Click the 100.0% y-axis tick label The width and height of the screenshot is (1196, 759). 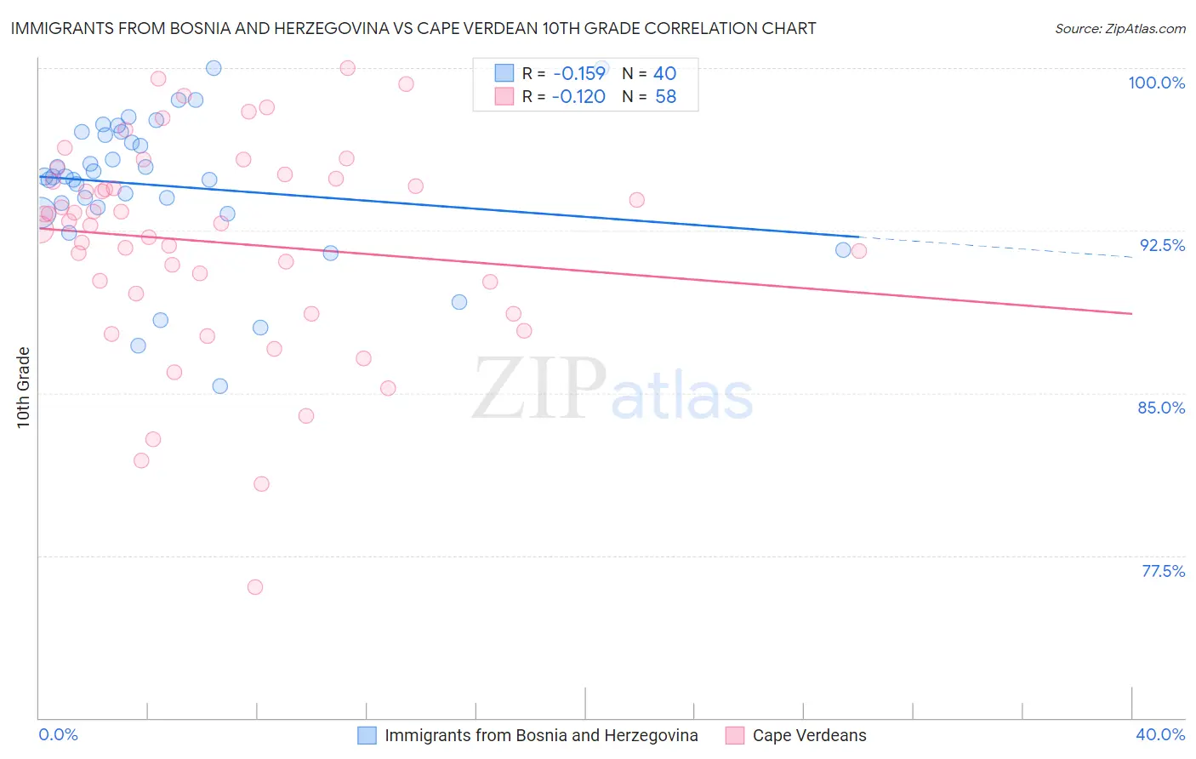coord(1156,83)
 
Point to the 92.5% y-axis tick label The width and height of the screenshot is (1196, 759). coord(1162,245)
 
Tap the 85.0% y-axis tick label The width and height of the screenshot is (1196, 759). coord(1161,408)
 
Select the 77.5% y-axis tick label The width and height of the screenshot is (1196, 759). coord(1163,571)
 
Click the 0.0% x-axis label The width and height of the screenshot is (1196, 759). coord(58,734)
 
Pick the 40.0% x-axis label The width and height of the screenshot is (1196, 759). coord(1160,734)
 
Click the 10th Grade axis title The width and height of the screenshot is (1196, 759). coord(23,387)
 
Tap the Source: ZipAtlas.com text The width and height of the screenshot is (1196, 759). coord(1119,29)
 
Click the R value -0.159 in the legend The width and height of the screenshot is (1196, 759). coord(578,74)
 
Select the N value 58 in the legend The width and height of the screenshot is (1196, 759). coord(665,97)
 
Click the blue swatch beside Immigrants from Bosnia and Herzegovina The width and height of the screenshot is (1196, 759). coord(367,735)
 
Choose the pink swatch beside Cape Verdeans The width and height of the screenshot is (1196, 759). coord(735,735)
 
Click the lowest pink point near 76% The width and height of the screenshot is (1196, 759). coord(255,587)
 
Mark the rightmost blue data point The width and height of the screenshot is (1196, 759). coord(843,249)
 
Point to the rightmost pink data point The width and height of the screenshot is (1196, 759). coord(859,250)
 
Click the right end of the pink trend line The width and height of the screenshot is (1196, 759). coord(1131,314)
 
